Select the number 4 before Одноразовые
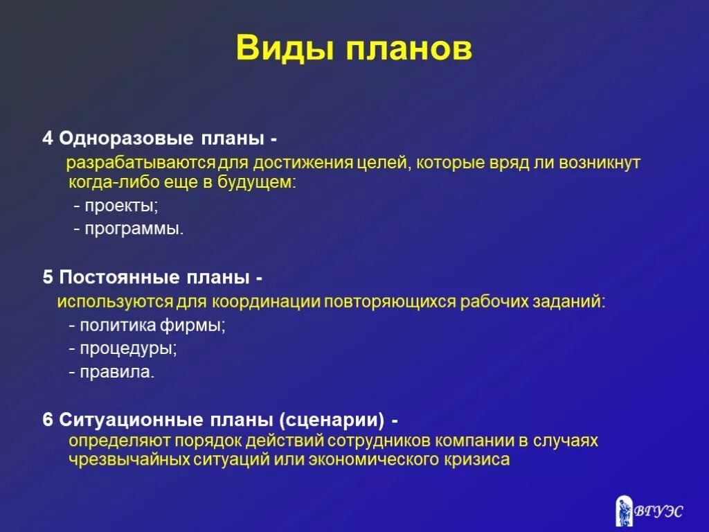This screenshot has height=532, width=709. (x=47, y=138)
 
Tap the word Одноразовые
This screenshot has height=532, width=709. (x=126, y=138)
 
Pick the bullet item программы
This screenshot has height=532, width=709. (x=134, y=228)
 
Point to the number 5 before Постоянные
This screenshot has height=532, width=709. (x=47, y=278)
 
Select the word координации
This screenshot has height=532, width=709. (x=265, y=302)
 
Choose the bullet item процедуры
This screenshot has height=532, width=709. (x=128, y=348)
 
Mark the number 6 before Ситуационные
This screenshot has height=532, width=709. (x=47, y=420)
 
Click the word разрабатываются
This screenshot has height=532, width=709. (x=141, y=163)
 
